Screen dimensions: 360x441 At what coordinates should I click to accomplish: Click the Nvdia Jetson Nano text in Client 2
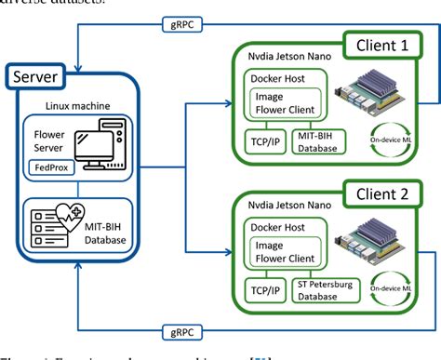coord(285,207)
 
